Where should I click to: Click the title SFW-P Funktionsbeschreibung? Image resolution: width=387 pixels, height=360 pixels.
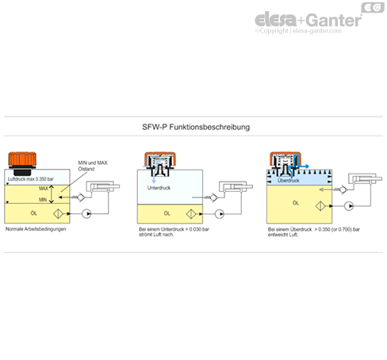coord(193,127)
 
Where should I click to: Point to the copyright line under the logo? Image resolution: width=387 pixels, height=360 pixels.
coord(307,33)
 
